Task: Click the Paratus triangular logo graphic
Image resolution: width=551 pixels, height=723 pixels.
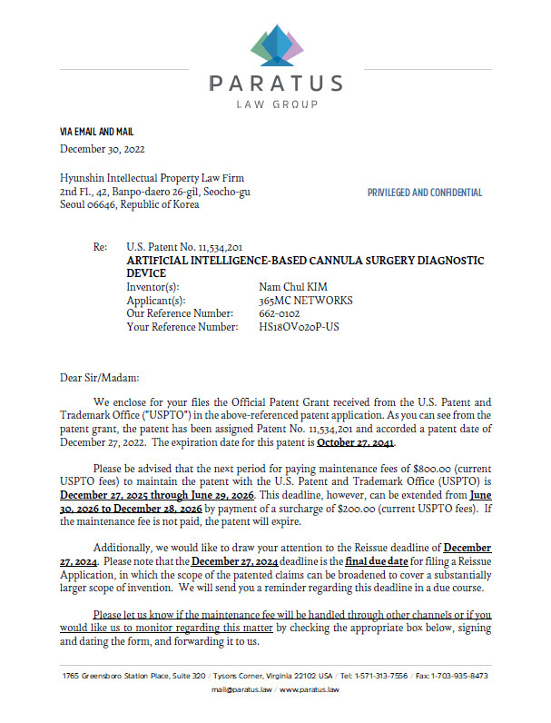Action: (274, 44)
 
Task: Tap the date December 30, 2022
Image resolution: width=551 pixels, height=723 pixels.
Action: (103, 149)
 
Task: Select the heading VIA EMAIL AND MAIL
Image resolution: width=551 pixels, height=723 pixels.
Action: (96, 132)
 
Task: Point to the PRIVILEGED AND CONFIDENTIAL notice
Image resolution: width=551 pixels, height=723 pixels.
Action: (425, 193)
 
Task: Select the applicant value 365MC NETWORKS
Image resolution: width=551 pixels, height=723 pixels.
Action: (306, 300)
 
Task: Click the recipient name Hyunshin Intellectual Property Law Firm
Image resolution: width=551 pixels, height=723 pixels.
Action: (153, 179)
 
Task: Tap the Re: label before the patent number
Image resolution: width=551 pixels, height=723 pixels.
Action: (100, 247)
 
